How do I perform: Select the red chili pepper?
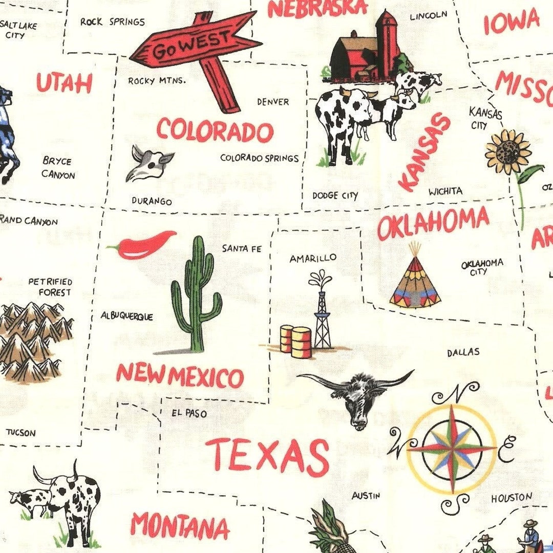(x=143, y=245)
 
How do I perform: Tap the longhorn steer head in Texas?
(x=358, y=397)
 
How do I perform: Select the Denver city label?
(x=273, y=102)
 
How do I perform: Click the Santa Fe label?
(x=242, y=249)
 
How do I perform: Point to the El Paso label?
(x=189, y=413)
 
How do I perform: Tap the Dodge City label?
(x=335, y=196)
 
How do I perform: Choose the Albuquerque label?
(x=126, y=316)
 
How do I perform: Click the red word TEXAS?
(x=267, y=455)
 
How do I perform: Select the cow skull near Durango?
(x=148, y=163)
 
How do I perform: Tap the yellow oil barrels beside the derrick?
(x=296, y=341)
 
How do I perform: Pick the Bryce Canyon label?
(x=58, y=168)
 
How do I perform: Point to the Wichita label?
(x=445, y=192)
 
